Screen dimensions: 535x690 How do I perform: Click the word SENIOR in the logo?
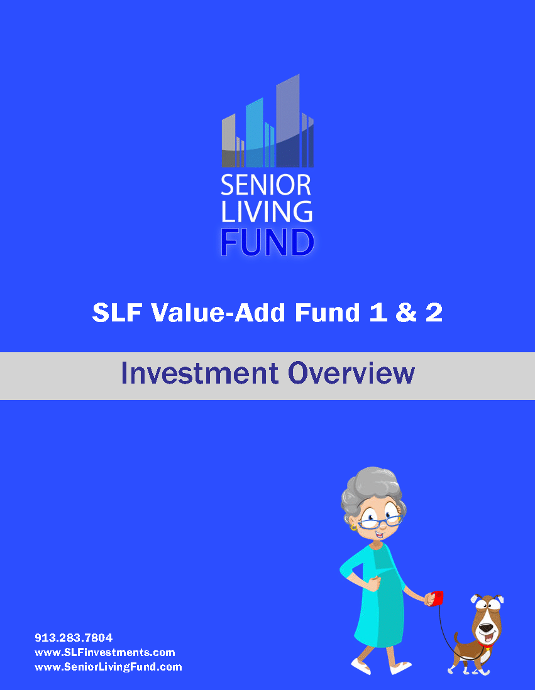pyautogui.click(x=266, y=185)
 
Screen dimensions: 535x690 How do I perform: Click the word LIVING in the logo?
pyautogui.click(x=267, y=212)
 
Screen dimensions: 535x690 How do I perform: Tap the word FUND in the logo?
pyautogui.click(x=267, y=242)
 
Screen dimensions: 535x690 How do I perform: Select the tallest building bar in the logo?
pyautogui.click(x=288, y=121)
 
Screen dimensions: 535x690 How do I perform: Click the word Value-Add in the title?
pyautogui.click(x=218, y=313)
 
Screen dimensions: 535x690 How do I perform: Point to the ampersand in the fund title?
pyautogui.click(x=406, y=313)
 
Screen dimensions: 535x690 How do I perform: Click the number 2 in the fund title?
pyautogui.click(x=434, y=313)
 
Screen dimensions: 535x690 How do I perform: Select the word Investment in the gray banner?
pyautogui.click(x=200, y=373)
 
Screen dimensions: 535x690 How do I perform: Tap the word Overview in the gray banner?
pyautogui.click(x=351, y=373)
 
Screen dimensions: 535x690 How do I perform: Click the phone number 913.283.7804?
pyautogui.click(x=74, y=638)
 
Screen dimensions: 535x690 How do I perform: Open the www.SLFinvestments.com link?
pyautogui.click(x=105, y=652)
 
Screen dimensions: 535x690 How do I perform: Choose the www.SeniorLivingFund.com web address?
pyautogui.click(x=108, y=667)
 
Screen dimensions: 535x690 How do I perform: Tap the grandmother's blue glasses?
pyautogui.click(x=380, y=522)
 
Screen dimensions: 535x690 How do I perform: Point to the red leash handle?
pyautogui.click(x=438, y=598)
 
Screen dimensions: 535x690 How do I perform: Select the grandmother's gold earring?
pyautogui.click(x=353, y=526)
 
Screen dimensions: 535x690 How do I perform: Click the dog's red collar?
pyautogui.click(x=486, y=647)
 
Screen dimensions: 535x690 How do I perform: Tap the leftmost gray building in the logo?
pyautogui.click(x=228, y=141)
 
